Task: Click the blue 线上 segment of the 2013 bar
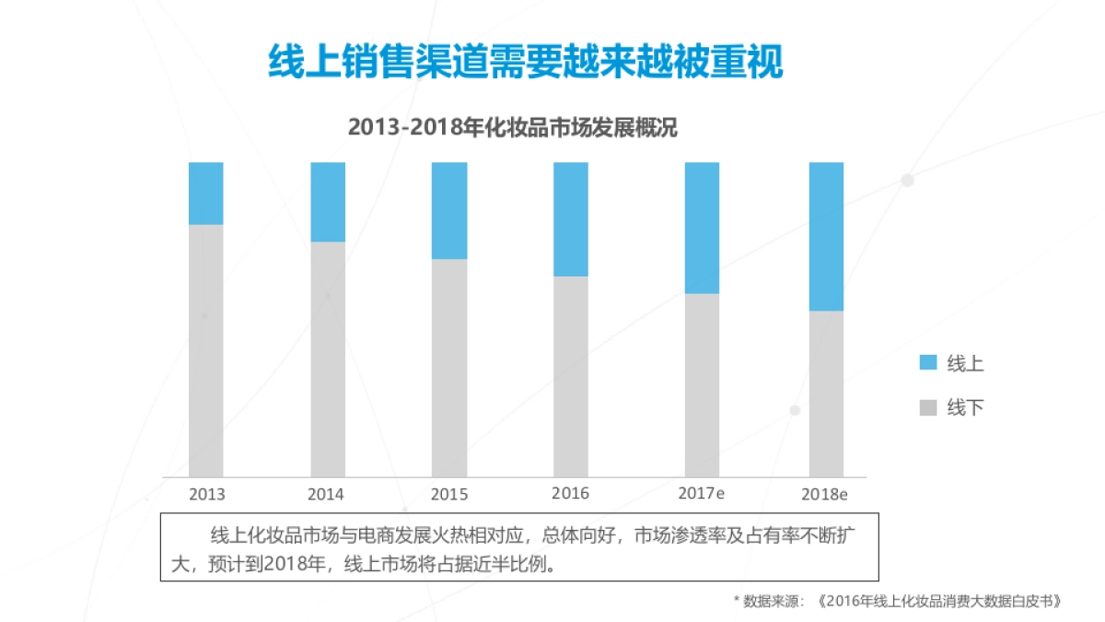pyautogui.click(x=206, y=194)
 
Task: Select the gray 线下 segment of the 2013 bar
pyautogui.click(x=206, y=350)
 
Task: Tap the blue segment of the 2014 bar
pyautogui.click(x=328, y=202)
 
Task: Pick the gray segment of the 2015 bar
pyautogui.click(x=449, y=368)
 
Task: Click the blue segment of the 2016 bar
pyautogui.click(x=571, y=219)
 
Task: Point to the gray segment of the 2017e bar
pyautogui.click(x=702, y=385)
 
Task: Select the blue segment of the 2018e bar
pyautogui.click(x=826, y=237)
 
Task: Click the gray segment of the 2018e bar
pyautogui.click(x=826, y=393)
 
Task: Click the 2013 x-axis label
pyautogui.click(x=206, y=494)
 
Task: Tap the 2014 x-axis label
pyautogui.click(x=326, y=494)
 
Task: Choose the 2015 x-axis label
pyautogui.click(x=449, y=494)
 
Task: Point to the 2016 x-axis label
pyautogui.click(x=570, y=493)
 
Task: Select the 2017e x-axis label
pyautogui.click(x=701, y=493)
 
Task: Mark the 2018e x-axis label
pyautogui.click(x=824, y=494)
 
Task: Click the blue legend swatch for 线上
pyautogui.click(x=928, y=363)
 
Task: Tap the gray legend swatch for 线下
pyautogui.click(x=928, y=407)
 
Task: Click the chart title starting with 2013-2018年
pyautogui.click(x=513, y=128)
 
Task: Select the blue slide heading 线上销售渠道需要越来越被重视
pyautogui.click(x=525, y=62)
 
